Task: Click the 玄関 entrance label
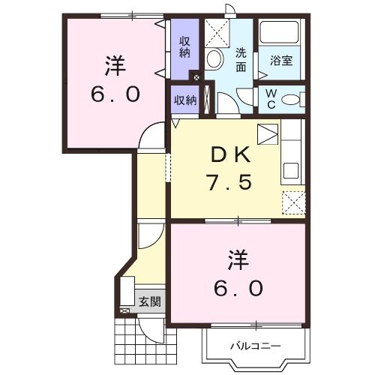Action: [149, 303]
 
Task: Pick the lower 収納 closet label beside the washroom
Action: [185, 100]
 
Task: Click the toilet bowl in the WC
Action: [293, 98]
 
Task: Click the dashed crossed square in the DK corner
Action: [292, 203]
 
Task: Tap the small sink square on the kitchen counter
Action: [268, 135]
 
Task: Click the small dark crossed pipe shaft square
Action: [196, 77]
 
